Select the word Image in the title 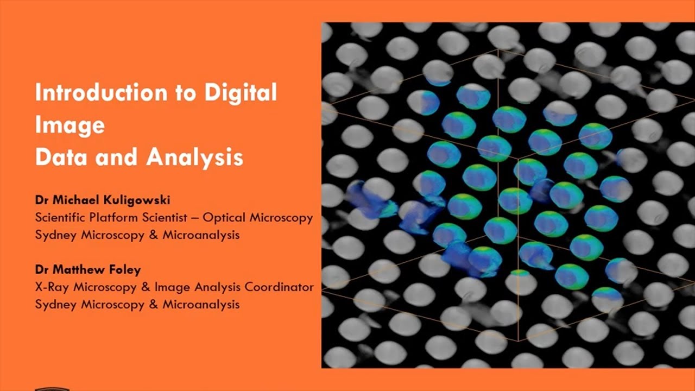[69, 125]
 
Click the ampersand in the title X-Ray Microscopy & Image [145, 287]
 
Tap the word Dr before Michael [41, 200]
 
